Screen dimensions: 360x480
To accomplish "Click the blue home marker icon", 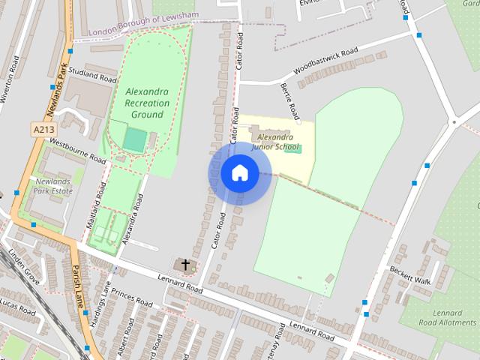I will [x=239, y=173].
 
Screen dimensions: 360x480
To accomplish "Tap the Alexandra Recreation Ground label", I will [x=147, y=103].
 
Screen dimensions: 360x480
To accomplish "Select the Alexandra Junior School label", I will [x=275, y=142].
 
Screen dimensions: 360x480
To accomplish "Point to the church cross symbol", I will [x=184, y=265].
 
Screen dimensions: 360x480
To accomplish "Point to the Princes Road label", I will [x=131, y=295].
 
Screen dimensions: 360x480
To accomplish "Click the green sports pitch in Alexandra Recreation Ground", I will [x=135, y=139].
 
